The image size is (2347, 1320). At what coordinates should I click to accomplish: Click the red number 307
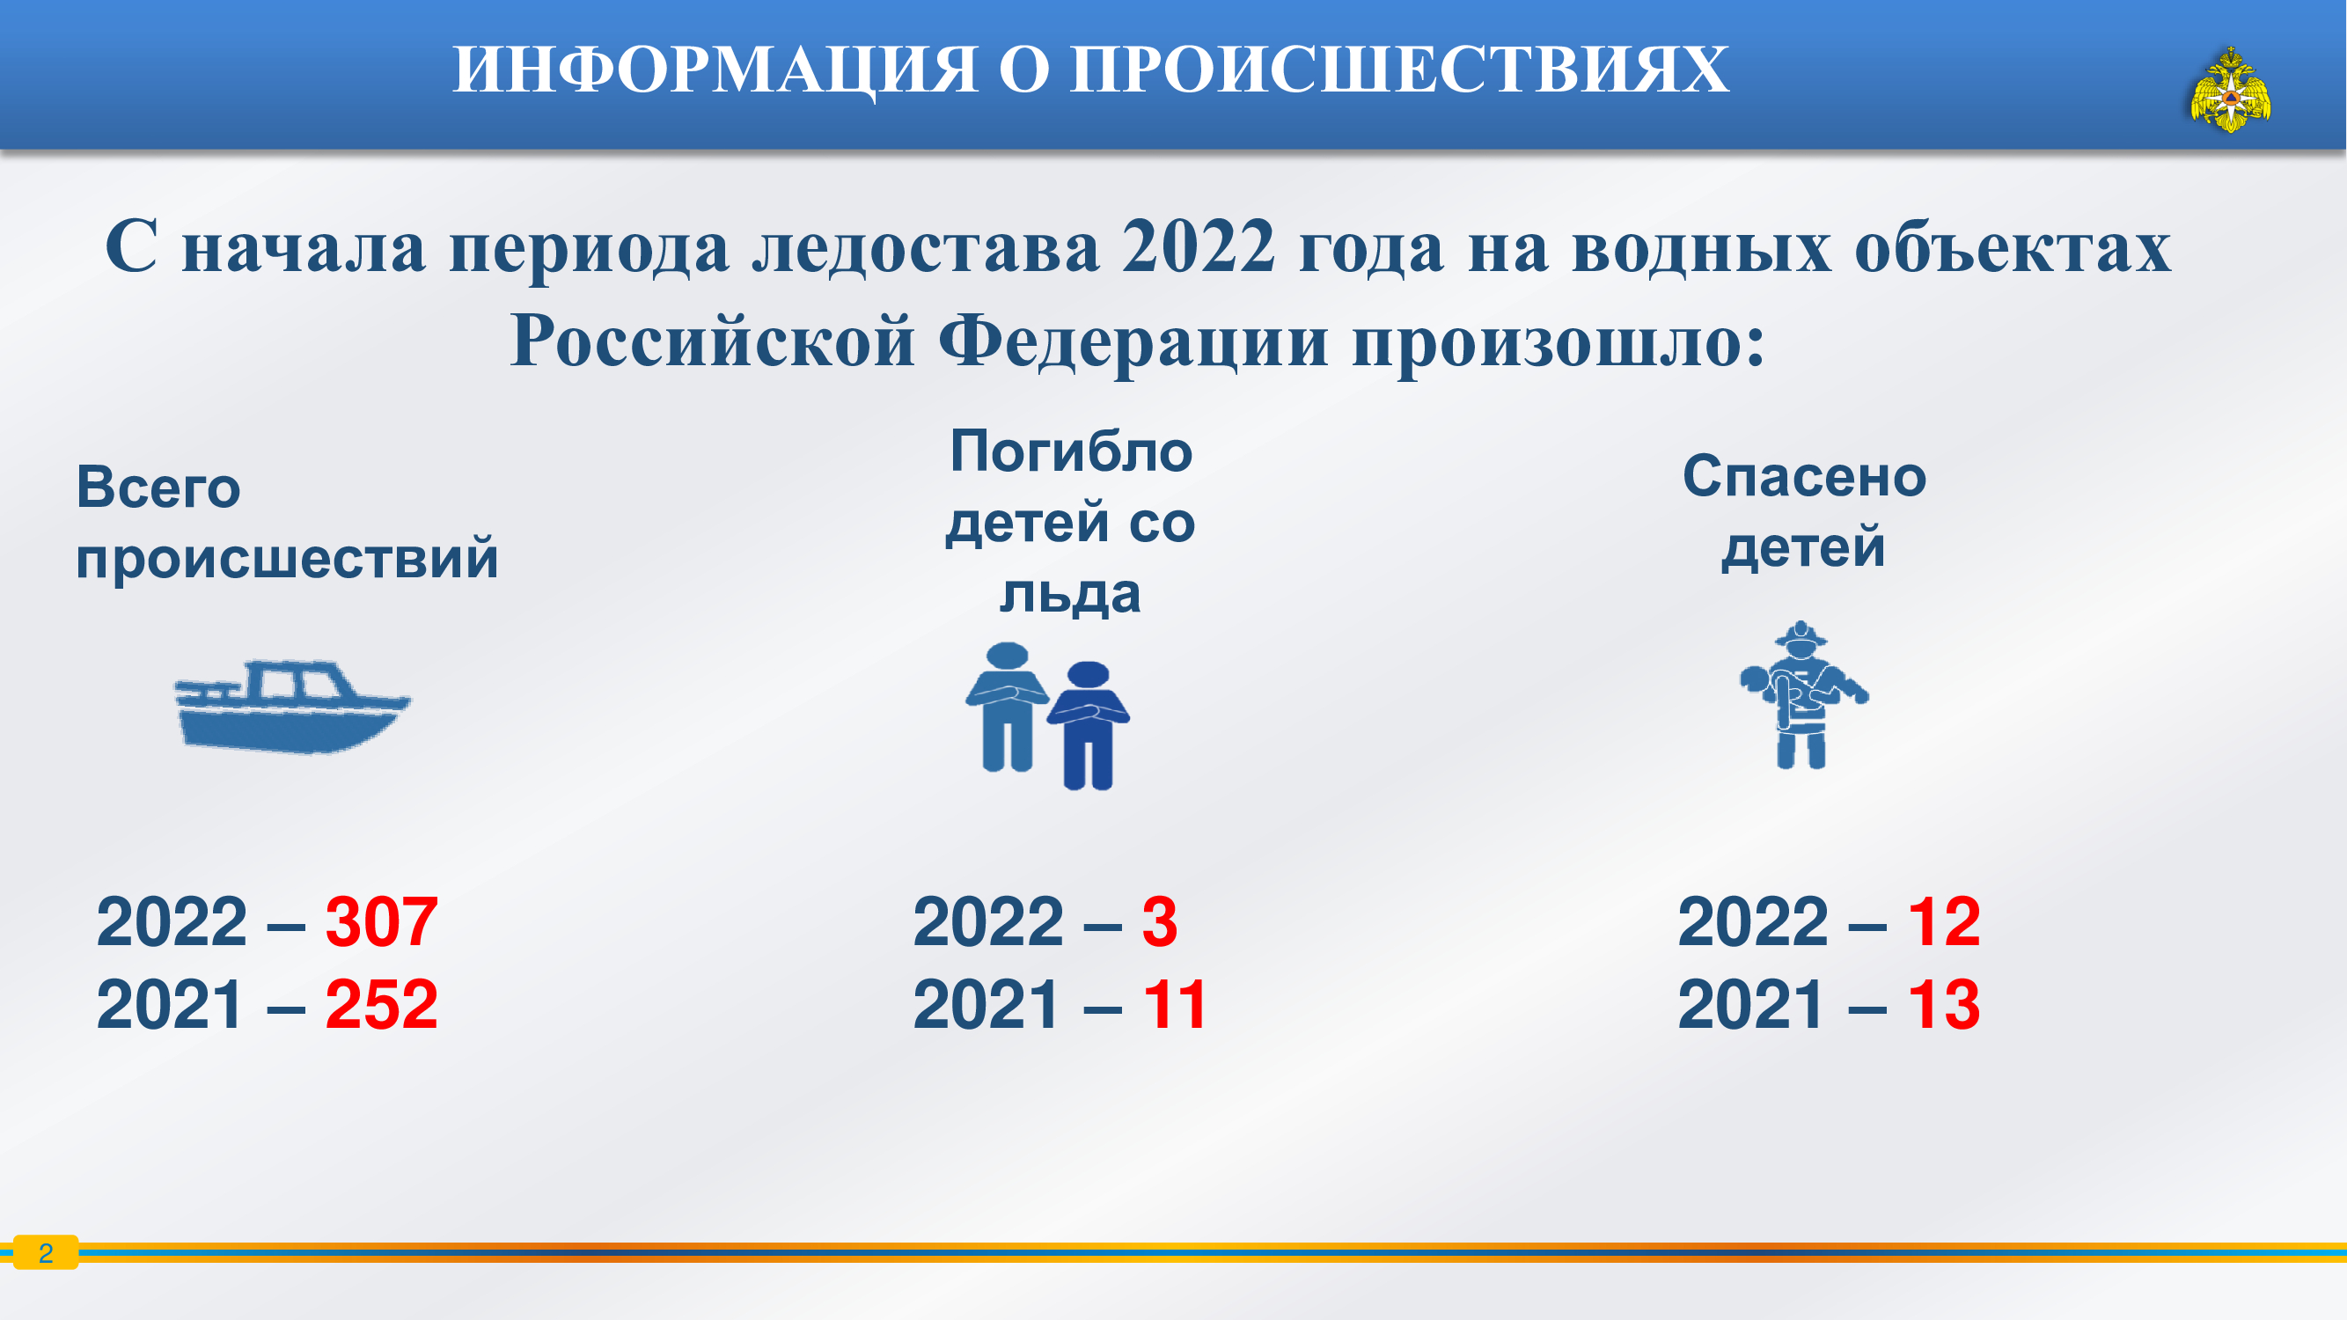(381, 922)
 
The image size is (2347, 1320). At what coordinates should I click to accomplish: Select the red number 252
(381, 1005)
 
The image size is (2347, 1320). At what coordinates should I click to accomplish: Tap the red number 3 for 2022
(1159, 922)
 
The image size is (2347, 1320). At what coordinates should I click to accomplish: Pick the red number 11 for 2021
(1175, 1005)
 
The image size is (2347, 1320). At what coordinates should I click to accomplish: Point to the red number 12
(1943, 922)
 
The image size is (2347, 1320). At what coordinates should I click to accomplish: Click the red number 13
(1943, 1005)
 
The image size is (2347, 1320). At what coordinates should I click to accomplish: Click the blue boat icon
(291, 707)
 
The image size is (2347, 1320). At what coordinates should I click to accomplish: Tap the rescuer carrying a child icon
(1802, 695)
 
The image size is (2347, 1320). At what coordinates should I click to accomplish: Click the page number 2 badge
(46, 1252)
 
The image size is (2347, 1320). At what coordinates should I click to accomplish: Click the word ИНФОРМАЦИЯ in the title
(715, 70)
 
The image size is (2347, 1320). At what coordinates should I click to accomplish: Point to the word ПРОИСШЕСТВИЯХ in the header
(1399, 70)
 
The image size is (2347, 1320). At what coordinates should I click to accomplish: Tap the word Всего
(158, 488)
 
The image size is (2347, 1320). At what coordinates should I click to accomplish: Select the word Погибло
(1072, 452)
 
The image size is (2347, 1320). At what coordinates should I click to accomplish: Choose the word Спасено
(1804, 476)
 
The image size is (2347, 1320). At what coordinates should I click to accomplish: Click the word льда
(1071, 596)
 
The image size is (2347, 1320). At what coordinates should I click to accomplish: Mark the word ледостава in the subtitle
(926, 247)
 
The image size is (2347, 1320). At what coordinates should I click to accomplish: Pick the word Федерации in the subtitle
(1133, 341)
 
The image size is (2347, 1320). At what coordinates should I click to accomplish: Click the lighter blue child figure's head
(1007, 656)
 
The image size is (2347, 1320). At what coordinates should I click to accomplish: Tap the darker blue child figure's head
(1088, 675)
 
